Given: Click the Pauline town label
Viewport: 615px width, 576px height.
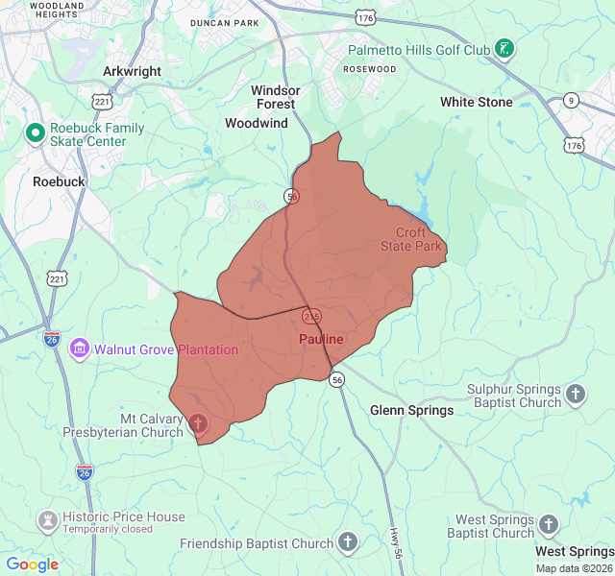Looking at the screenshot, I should tap(320, 340).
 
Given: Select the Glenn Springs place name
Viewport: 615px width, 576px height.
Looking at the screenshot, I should tap(411, 410).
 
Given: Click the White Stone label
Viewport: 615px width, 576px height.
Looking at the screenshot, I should tap(476, 102).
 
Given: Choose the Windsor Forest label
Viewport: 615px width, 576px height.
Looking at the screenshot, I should tap(276, 97).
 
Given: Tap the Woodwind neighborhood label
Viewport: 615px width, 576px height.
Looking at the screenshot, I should tap(256, 123).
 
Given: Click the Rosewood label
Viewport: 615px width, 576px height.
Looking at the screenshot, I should tap(370, 69).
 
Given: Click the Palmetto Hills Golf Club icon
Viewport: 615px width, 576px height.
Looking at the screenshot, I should tap(504, 49).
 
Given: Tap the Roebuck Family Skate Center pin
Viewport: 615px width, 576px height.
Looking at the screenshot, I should tap(35, 133).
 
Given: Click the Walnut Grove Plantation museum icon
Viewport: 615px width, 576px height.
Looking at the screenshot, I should tap(80, 348).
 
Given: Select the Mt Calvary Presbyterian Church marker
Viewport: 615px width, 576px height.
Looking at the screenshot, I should tap(199, 423).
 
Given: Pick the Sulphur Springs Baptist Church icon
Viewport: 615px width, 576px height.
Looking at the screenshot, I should tap(575, 394).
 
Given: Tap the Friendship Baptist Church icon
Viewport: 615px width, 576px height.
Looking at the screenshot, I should tap(347, 542).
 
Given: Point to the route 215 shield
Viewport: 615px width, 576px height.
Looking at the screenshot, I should tap(312, 315).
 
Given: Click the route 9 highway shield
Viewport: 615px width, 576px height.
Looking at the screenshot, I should tap(572, 100).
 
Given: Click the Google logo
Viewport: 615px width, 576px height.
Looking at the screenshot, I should tap(32, 564).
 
